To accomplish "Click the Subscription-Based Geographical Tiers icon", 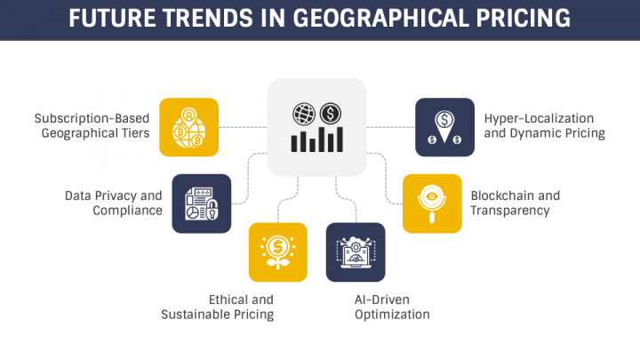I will point(189,127).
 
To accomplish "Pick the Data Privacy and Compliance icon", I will point(202,203).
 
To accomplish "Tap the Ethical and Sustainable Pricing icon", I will point(278,252).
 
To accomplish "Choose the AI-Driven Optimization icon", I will point(356,252).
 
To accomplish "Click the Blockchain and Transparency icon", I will point(432,203).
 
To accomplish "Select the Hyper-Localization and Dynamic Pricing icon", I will point(444,127).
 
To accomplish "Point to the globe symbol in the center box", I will point(304,114).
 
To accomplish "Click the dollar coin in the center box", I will point(330,114).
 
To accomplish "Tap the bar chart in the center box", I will point(317,140).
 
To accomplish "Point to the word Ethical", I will point(229,300).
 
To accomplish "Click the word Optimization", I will point(392,315).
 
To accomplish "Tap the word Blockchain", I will point(502,196).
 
